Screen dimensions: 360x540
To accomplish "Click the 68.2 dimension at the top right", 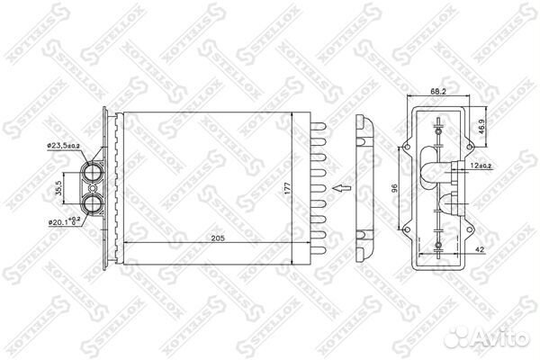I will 438,91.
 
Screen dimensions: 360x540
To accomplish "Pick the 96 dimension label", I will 394,189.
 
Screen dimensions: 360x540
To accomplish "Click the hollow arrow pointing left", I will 339,188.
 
